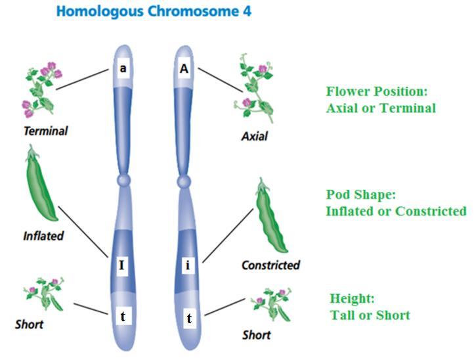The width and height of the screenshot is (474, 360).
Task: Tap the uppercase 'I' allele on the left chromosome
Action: tap(121, 265)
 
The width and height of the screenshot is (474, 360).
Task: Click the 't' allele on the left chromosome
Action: tap(123, 316)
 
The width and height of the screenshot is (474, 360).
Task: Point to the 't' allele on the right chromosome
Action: tap(189, 319)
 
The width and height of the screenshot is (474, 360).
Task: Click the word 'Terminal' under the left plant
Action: tap(45, 131)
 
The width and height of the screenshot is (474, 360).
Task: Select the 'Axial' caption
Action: tap(254, 137)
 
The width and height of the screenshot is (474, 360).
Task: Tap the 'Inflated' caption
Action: tap(43, 235)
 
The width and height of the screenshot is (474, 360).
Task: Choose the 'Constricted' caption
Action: tap(270, 265)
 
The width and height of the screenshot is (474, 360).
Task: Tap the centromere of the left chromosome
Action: tap(122, 180)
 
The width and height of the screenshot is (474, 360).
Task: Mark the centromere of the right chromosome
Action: tap(184, 180)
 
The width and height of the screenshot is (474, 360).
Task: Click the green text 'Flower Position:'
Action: tap(371, 91)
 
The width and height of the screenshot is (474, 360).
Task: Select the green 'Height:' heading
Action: tap(352, 299)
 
